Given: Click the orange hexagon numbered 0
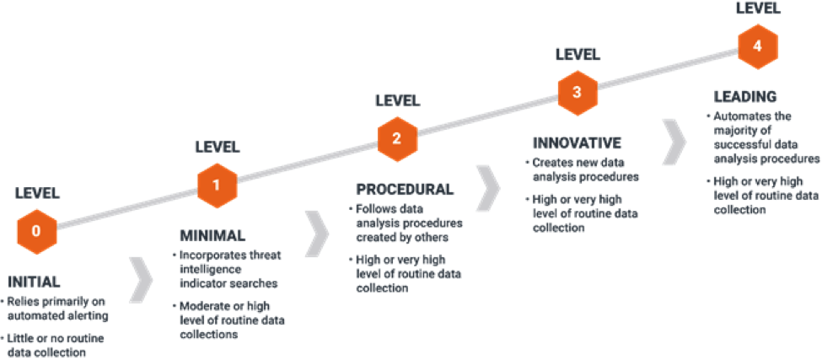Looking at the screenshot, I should (36, 229).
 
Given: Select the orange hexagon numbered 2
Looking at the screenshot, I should (396, 139).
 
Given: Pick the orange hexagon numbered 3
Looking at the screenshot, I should (577, 93).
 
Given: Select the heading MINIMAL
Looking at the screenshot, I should (212, 235).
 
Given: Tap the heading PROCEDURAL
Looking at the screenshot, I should (405, 190).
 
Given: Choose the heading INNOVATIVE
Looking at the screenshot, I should (577, 142).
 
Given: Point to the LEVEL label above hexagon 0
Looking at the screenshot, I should (37, 193).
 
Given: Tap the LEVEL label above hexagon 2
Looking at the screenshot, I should (397, 101).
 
